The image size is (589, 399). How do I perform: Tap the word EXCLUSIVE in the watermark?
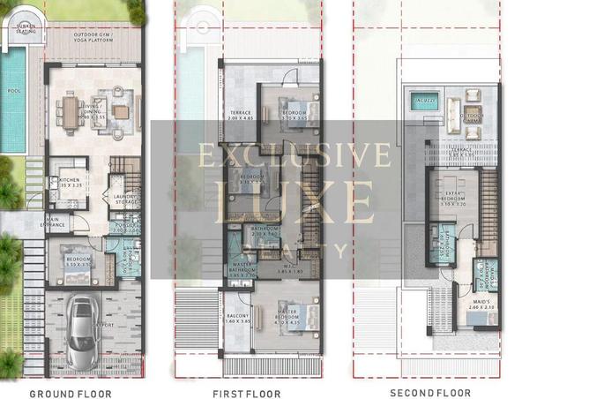click(x=294, y=155)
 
